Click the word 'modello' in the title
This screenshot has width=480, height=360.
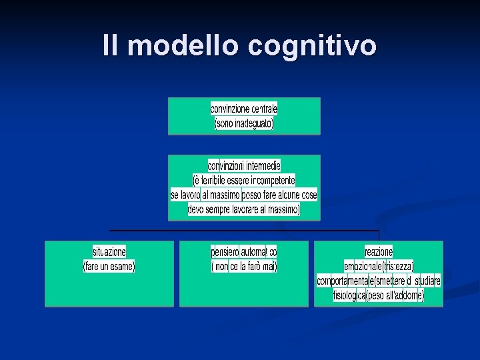(x=184, y=46)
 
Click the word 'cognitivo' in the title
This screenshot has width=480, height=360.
(x=313, y=47)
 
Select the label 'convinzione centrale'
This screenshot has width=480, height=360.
(x=244, y=109)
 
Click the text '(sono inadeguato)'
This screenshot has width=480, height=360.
(x=244, y=123)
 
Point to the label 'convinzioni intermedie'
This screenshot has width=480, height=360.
(x=244, y=165)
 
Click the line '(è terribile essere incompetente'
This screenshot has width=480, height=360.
(x=244, y=180)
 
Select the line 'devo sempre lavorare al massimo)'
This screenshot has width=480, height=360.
(x=244, y=209)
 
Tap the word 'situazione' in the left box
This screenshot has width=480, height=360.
(x=109, y=251)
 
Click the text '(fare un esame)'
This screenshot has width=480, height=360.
(x=109, y=266)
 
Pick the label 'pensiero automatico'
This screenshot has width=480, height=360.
(x=244, y=251)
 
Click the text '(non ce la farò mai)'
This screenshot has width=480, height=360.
(x=244, y=266)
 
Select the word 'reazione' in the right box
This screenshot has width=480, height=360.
(x=379, y=251)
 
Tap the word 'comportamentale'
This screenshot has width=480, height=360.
(x=345, y=281)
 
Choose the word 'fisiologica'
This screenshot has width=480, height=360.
(x=350, y=295)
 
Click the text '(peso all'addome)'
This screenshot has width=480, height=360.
(x=395, y=295)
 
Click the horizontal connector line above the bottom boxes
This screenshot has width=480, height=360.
(x=244, y=231)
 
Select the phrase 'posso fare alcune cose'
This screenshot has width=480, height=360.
(x=280, y=195)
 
